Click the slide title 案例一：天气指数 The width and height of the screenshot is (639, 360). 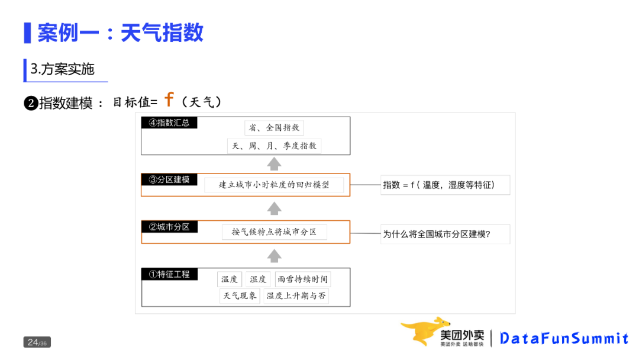tap(120, 33)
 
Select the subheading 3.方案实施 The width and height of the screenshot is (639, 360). tap(63, 69)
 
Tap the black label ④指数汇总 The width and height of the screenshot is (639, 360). tap(169, 123)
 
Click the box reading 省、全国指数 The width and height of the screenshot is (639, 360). tap(274, 127)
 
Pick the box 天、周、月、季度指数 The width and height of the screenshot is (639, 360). tap(274, 146)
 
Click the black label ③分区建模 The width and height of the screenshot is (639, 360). tap(169, 179)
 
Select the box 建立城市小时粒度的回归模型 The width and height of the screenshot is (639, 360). tap(274, 185)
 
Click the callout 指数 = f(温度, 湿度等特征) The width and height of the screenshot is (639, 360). tap(445, 185)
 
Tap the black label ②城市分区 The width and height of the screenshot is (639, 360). tap(169, 227)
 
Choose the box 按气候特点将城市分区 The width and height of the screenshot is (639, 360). tap(274, 232)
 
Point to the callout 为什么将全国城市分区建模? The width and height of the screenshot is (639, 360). tap(445, 234)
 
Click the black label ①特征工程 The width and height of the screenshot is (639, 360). tap(169, 274)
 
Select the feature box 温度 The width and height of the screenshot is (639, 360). tap(230, 279)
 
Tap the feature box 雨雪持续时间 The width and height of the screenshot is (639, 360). tap(302, 279)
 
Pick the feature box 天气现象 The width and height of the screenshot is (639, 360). tap(240, 296)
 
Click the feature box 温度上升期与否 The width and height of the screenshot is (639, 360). tap(296, 296)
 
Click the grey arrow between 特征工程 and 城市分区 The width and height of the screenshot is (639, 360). tap(274, 256)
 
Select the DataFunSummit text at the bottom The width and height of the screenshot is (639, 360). tap(563, 339)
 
